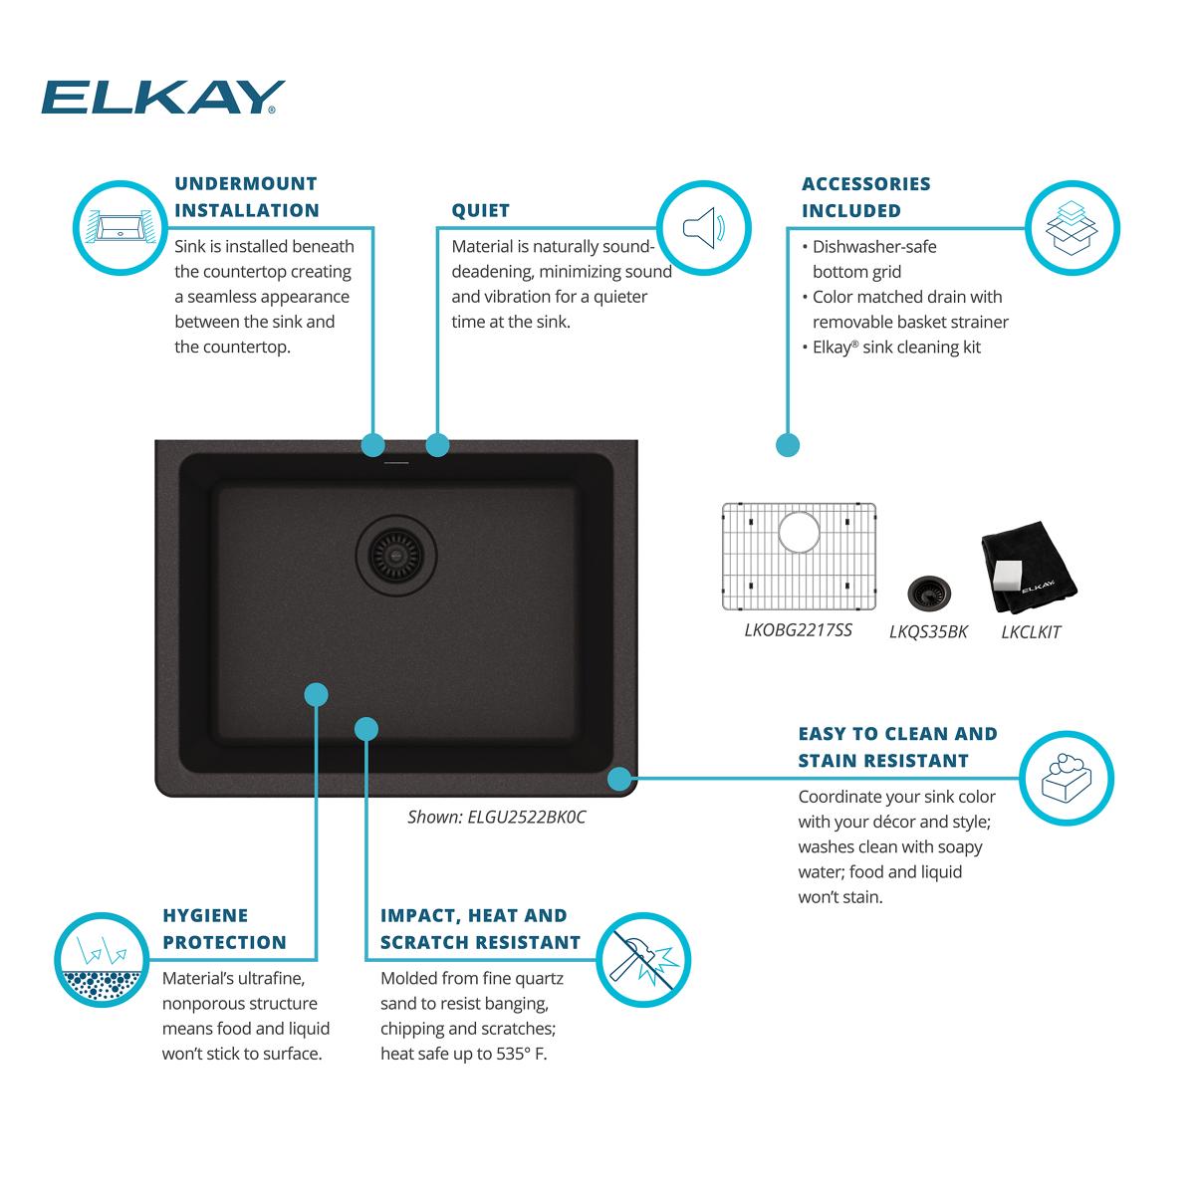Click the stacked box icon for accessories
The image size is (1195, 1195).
[x=1072, y=227]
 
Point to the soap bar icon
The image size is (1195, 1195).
[x=1067, y=778]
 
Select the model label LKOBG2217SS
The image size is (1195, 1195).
[x=798, y=630]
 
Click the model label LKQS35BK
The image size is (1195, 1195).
[x=928, y=632]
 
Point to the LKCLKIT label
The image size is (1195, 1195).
[x=1031, y=632]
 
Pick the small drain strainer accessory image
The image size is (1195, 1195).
[x=928, y=593]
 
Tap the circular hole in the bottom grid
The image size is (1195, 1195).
[x=798, y=531]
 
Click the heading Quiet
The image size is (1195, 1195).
[x=480, y=210]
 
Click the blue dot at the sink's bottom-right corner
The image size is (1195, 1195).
[x=620, y=777]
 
